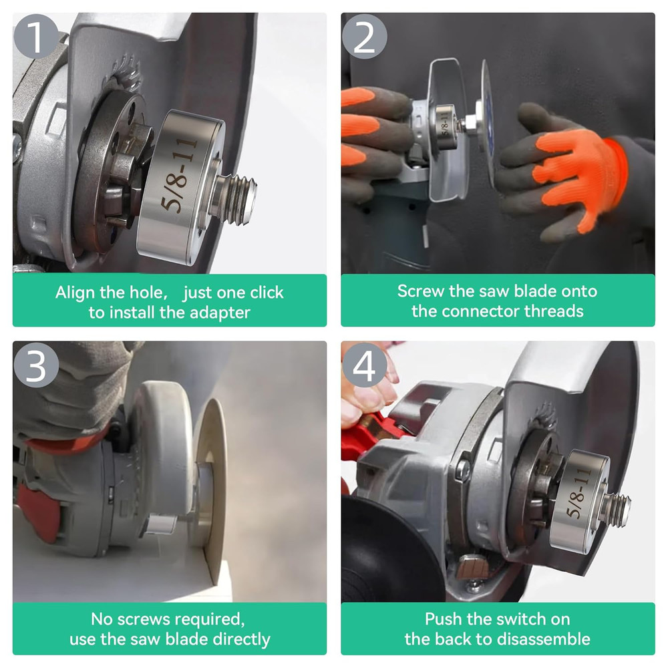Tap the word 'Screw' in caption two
(x=420, y=291)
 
